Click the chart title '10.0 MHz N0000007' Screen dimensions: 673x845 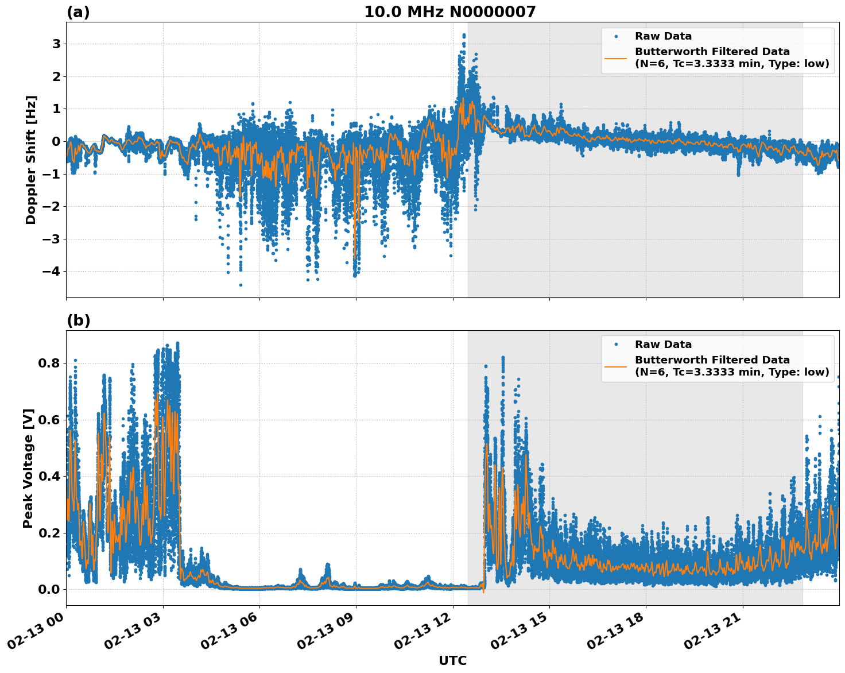coord(449,12)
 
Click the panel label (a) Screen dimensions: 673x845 coord(78,12)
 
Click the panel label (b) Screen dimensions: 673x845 coord(78,320)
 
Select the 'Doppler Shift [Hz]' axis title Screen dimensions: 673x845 coord(31,160)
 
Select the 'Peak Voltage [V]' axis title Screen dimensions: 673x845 coord(28,468)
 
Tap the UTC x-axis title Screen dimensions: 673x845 coord(452,661)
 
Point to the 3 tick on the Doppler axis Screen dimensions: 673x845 coord(56,44)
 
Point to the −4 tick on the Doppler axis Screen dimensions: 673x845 coord(52,272)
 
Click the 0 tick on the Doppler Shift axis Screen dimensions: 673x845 coord(56,142)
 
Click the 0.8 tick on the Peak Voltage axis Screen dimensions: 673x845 coord(49,363)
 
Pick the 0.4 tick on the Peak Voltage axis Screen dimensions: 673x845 coord(49,477)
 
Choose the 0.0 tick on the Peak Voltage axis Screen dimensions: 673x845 coord(49,590)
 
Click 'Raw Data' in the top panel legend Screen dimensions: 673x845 coord(663,36)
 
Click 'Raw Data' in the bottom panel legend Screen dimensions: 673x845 coord(663,345)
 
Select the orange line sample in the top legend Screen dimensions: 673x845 coord(616,58)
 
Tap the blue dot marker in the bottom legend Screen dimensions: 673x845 coord(616,345)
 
